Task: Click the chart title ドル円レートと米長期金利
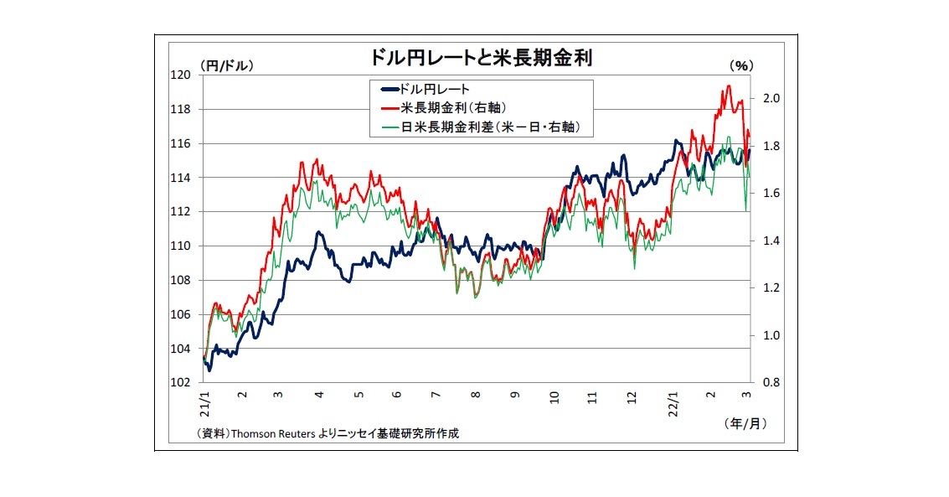click(475, 58)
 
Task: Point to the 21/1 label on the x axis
click(204, 401)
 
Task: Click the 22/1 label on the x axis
click(673, 401)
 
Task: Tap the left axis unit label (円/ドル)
click(226, 65)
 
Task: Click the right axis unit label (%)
click(742, 65)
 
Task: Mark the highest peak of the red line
click(728, 85)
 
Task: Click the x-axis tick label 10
click(554, 395)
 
